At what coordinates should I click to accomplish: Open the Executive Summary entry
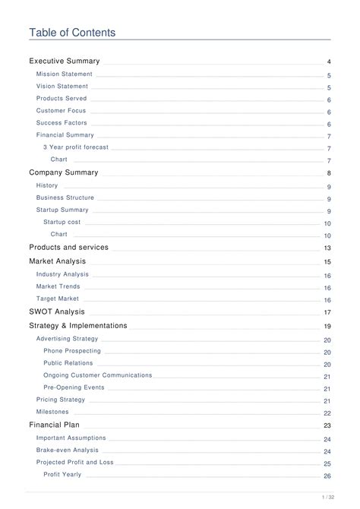pyautogui.click(x=65, y=61)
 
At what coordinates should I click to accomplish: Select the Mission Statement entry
pyautogui.click(x=65, y=74)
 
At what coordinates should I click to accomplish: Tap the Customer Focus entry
pyautogui.click(x=62, y=111)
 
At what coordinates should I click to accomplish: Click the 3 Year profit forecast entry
pyautogui.click(x=76, y=147)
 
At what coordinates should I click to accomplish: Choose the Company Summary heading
pyautogui.click(x=64, y=172)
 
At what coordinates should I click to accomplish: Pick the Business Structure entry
pyautogui.click(x=65, y=198)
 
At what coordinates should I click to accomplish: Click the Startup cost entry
pyautogui.click(x=62, y=222)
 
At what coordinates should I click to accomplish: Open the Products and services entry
pyautogui.click(x=68, y=247)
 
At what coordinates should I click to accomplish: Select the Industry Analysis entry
pyautogui.click(x=62, y=274)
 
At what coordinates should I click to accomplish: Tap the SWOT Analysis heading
pyautogui.click(x=57, y=311)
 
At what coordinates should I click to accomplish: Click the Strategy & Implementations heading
pyautogui.click(x=78, y=326)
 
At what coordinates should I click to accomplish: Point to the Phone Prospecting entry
pyautogui.click(x=72, y=351)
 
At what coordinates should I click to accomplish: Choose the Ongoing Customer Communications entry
pyautogui.click(x=98, y=375)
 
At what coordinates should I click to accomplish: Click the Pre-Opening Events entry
pyautogui.click(x=74, y=387)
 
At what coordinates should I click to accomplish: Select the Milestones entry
pyautogui.click(x=52, y=412)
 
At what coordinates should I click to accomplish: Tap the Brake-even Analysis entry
pyautogui.click(x=68, y=451)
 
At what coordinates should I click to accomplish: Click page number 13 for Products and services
pyautogui.click(x=327, y=248)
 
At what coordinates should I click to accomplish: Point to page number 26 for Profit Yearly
pyautogui.click(x=327, y=476)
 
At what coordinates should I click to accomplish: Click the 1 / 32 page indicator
pyautogui.click(x=327, y=498)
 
